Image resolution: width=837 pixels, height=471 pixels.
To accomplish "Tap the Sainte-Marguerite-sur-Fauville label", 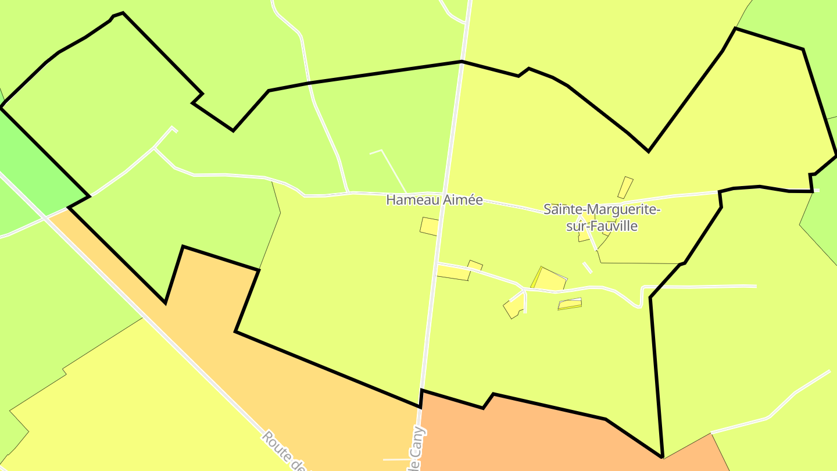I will click(x=602, y=217).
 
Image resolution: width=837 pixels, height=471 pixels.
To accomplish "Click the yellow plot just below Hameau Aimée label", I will click(x=430, y=226).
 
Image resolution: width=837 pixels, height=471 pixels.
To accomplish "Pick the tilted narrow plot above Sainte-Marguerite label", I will click(x=625, y=187).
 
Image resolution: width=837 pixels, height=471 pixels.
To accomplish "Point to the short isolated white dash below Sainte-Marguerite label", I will click(x=588, y=267).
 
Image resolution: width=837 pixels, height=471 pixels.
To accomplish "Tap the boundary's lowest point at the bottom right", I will click(x=662, y=456).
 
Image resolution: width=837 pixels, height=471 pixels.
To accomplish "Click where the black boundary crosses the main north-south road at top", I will click(x=462, y=61).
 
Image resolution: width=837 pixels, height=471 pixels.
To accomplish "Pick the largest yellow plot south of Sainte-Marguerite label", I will click(x=549, y=280).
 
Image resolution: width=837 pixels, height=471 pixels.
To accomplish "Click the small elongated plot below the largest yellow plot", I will click(x=570, y=304).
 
